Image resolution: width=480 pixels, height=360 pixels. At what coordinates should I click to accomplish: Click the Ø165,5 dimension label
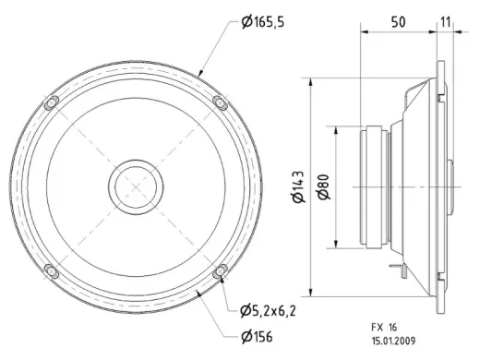262,22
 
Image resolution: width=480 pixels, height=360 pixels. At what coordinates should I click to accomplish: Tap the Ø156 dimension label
257,337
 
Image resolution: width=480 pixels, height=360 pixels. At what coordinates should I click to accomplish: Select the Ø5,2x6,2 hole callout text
268,311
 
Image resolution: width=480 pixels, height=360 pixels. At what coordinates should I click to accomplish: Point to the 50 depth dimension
398,22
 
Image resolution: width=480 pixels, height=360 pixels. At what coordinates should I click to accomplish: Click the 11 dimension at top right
445,22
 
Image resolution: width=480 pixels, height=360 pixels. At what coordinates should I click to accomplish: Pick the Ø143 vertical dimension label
299,186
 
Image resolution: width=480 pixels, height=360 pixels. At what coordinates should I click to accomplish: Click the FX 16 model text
384,327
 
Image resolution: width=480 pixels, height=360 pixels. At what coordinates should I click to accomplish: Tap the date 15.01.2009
393,341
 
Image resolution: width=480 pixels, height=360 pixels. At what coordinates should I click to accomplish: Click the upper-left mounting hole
52,102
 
